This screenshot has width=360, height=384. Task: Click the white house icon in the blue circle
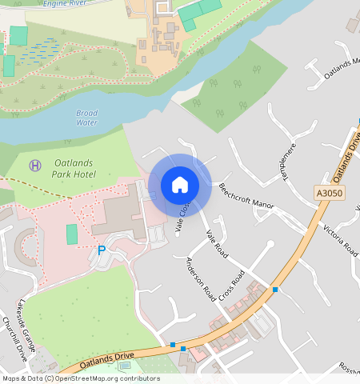point(180,185)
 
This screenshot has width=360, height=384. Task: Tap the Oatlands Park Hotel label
point(74,169)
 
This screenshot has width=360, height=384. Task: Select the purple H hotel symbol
point(34,164)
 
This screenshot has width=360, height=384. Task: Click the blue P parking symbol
point(102,250)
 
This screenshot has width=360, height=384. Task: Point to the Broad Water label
point(86,118)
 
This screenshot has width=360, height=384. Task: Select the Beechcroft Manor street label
point(246,194)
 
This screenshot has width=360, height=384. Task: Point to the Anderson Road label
point(200,279)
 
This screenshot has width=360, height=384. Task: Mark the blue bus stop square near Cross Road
point(274,289)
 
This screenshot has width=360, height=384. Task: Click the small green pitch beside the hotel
point(72,234)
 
